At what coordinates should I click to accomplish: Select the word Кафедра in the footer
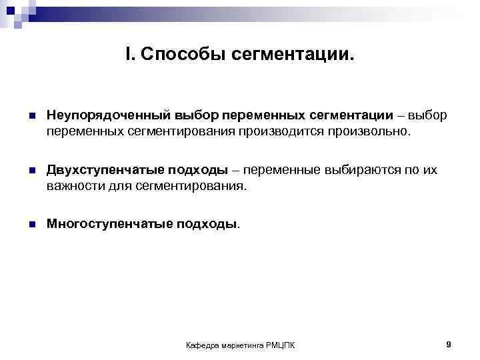coord(202,345)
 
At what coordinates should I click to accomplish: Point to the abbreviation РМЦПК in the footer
coord(281,345)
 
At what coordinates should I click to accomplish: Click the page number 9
coord(449,344)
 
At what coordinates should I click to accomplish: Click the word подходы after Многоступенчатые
coord(207,225)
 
